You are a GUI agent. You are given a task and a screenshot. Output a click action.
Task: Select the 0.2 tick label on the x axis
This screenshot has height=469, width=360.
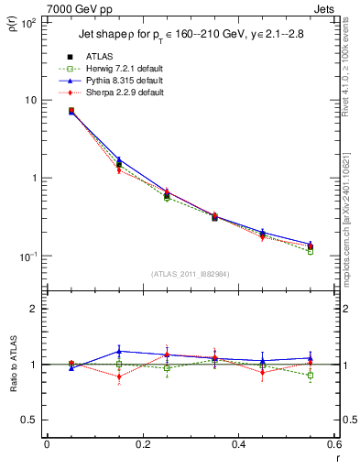pyautogui.click(x=142, y=445)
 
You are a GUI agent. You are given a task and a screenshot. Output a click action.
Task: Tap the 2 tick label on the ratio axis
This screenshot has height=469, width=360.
pyautogui.click(x=36, y=309)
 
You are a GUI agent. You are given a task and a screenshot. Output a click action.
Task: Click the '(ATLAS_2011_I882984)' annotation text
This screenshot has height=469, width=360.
pyautogui.click(x=190, y=274)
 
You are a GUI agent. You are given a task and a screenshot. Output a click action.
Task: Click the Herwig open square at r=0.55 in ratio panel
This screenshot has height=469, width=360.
pyautogui.click(x=311, y=376)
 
